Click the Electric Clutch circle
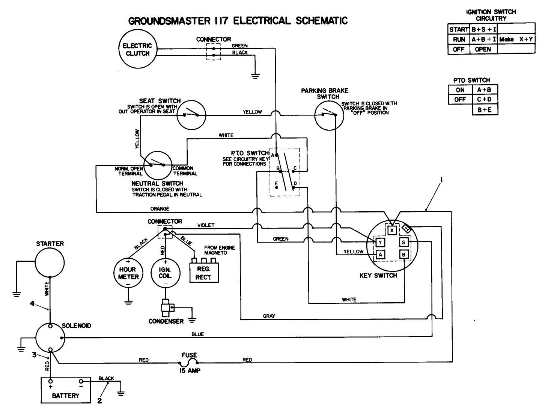[x=138, y=50]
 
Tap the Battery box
[x=66, y=390]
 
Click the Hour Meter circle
[x=128, y=273]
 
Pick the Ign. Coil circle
[x=165, y=273]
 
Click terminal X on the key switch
[x=392, y=230]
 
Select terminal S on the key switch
[x=403, y=242]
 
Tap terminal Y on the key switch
[x=380, y=243]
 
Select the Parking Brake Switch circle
[x=329, y=115]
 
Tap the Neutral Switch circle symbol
[x=158, y=165]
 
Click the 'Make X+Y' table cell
[x=516, y=39]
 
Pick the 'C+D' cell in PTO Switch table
[x=485, y=100]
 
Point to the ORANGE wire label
[x=160, y=209]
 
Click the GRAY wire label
[x=269, y=316]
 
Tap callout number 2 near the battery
[x=99, y=401]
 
